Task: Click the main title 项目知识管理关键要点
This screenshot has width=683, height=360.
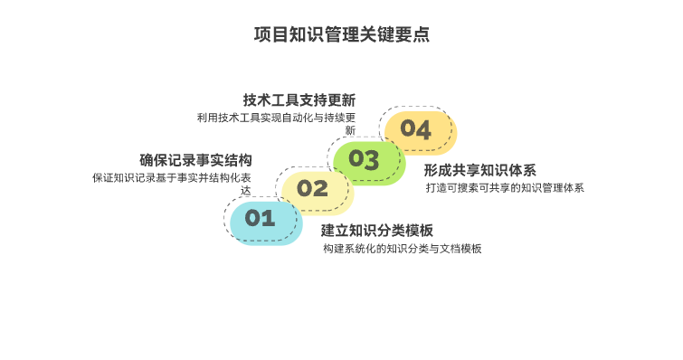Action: [x=341, y=35]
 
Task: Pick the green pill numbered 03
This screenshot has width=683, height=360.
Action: [x=365, y=159]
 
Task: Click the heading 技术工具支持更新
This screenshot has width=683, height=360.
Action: [x=299, y=99]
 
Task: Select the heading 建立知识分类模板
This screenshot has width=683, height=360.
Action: [x=377, y=230]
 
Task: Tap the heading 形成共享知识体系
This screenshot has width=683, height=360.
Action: [x=480, y=170]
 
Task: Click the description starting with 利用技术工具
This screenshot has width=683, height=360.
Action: [x=276, y=118]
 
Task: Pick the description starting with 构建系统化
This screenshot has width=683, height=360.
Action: [x=402, y=249]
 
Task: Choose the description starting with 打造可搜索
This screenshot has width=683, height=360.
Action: [x=505, y=188]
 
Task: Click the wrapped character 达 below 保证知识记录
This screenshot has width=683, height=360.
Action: [x=245, y=191]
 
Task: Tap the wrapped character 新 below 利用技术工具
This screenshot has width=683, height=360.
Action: [x=349, y=130]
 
